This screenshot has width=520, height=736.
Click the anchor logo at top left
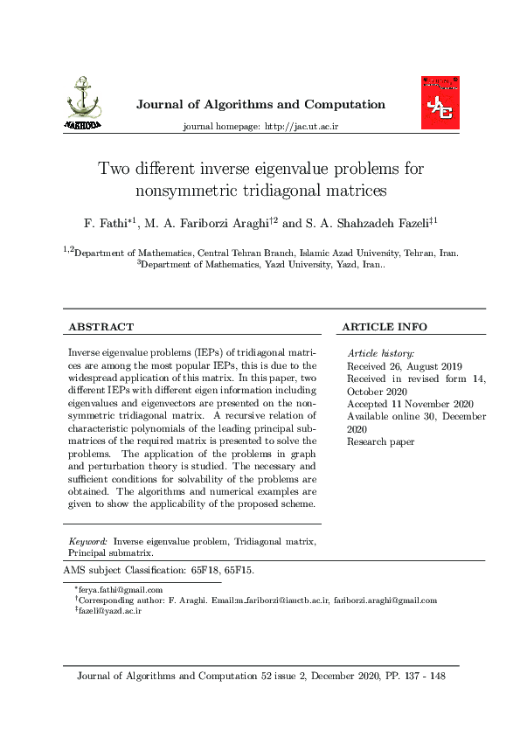point(83,104)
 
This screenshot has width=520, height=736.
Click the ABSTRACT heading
point(101,327)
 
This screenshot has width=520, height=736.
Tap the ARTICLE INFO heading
point(385,327)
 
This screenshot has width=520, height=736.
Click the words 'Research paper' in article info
point(380,441)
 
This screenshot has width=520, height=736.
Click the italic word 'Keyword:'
point(88,542)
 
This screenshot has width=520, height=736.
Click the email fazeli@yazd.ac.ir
point(111,611)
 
